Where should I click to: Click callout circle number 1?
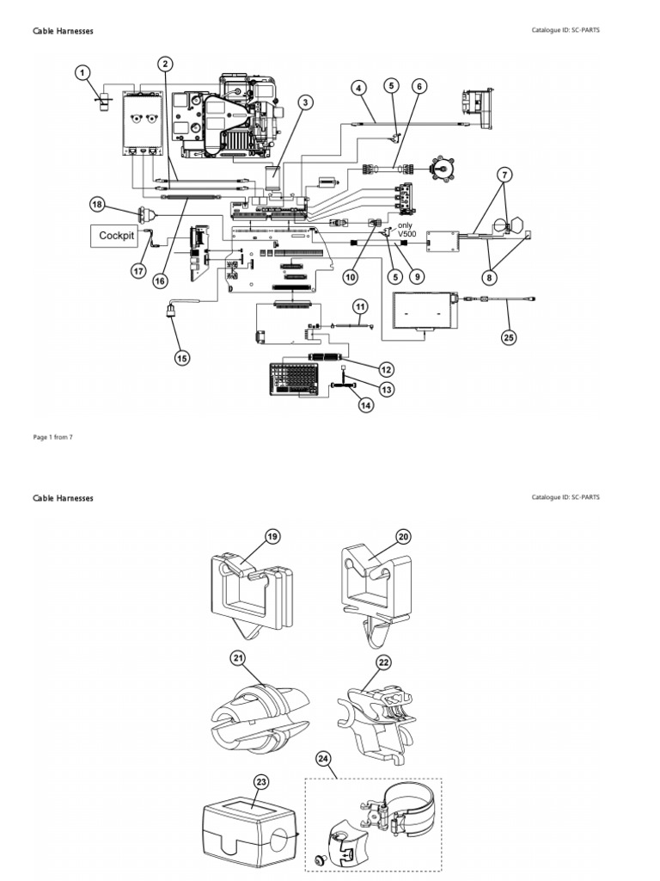tap(82, 73)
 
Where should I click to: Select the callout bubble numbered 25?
tap(509, 337)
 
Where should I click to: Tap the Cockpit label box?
tap(117, 235)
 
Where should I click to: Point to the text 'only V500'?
tap(405, 230)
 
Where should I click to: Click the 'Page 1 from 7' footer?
tap(52, 437)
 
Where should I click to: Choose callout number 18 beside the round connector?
tap(97, 204)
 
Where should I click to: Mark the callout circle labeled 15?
tap(181, 357)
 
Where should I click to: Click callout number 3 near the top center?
tap(303, 102)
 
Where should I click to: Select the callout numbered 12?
tap(386, 369)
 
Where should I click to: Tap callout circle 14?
tap(366, 405)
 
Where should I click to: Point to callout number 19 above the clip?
tap(272, 537)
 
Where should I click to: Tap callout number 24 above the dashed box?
tap(322, 759)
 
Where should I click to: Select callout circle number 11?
tap(360, 306)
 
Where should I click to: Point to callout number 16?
tap(159, 280)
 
